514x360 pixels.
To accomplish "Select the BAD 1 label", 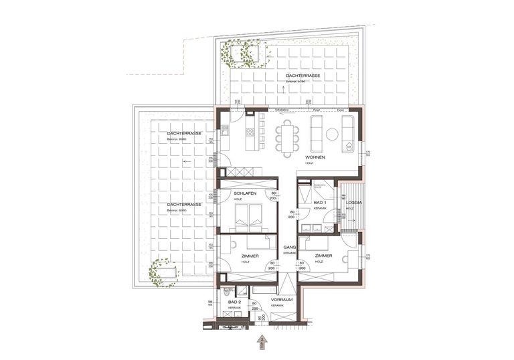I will [x=320, y=202].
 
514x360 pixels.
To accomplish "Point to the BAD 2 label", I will [x=234, y=302].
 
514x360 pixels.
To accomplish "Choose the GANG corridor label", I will [x=288, y=248].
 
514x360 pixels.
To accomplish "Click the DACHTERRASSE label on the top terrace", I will [x=303, y=76].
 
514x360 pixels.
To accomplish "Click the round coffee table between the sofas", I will [x=332, y=134].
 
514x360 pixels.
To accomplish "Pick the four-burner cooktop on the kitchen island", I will [x=250, y=132].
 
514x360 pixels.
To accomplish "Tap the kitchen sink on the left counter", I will [x=225, y=129].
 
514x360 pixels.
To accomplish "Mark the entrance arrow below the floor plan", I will [x=262, y=341].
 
